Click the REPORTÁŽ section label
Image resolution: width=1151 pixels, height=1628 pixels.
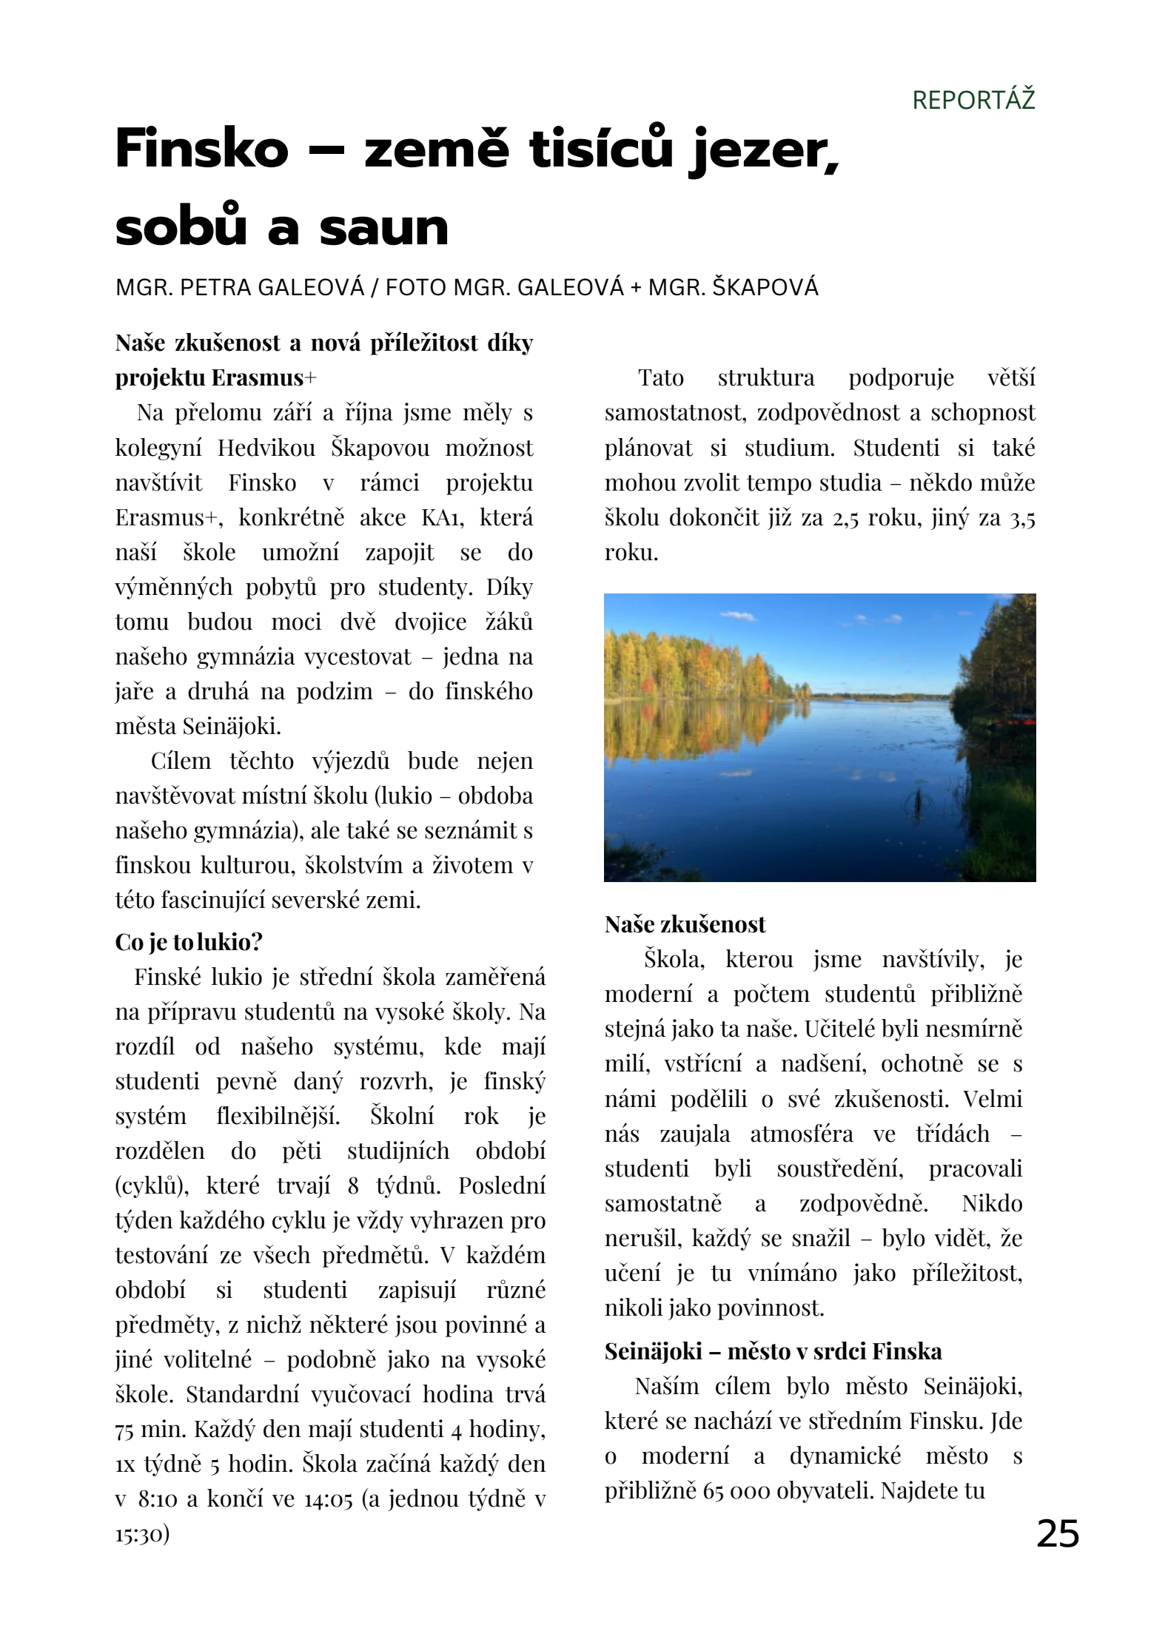(x=973, y=100)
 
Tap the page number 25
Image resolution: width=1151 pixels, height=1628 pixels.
(x=1057, y=1534)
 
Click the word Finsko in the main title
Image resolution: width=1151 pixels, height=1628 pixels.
(x=202, y=149)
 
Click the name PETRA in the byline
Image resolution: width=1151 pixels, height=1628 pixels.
(x=215, y=287)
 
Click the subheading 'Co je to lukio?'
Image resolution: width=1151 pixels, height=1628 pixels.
(x=189, y=942)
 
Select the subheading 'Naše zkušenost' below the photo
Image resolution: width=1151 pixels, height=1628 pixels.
(x=685, y=924)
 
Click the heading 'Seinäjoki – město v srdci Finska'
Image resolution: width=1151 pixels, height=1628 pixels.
(x=773, y=1351)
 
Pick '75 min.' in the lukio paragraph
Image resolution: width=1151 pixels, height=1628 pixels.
(x=151, y=1430)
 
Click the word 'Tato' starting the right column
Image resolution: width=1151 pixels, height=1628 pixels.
(x=660, y=378)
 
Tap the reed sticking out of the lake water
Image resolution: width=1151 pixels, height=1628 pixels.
(x=919, y=799)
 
